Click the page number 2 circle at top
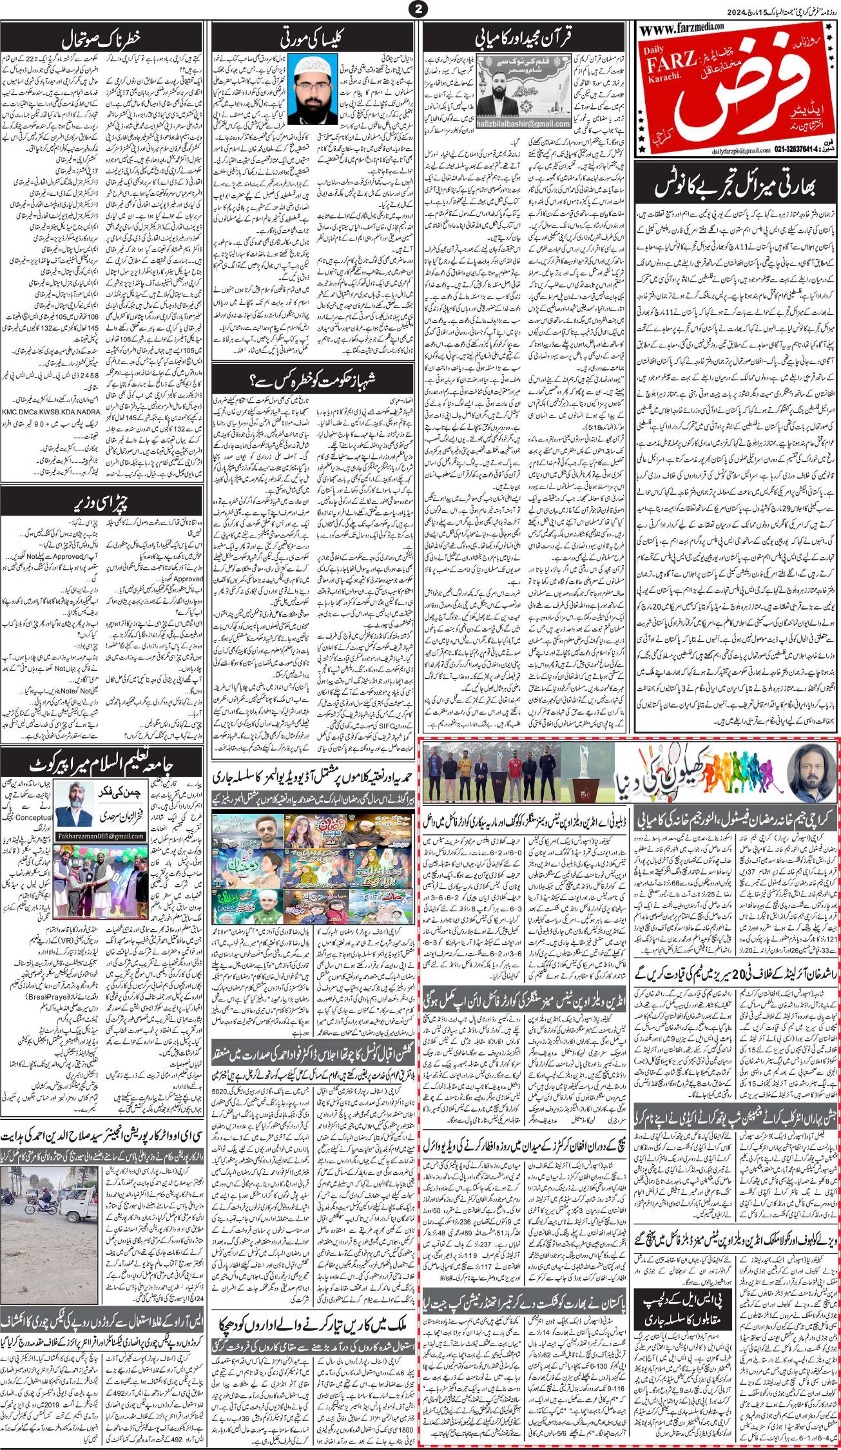click(x=420, y=9)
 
